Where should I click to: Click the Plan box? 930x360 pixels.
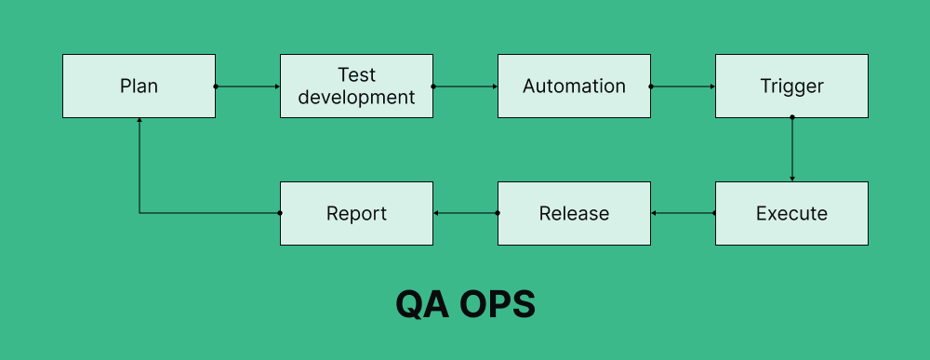pyautogui.click(x=139, y=87)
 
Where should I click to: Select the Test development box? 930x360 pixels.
pyautogui.click(x=356, y=87)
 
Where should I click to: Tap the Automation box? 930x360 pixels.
pyautogui.click(x=574, y=87)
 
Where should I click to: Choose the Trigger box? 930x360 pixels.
pyautogui.click(x=791, y=87)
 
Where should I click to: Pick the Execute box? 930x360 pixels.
pyautogui.click(x=791, y=214)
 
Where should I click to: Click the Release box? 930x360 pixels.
pyautogui.click(x=574, y=214)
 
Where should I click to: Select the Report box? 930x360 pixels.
pyautogui.click(x=356, y=214)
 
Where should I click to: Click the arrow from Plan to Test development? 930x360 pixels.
pyautogui.click(x=247, y=87)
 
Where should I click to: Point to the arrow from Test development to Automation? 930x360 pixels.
pyautogui.click(x=465, y=87)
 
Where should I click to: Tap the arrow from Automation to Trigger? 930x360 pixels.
pyautogui.click(x=683, y=87)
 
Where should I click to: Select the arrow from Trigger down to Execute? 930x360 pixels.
pyautogui.click(x=791, y=149)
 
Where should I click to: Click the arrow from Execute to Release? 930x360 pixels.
pyautogui.click(x=683, y=214)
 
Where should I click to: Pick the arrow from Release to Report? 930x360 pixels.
pyautogui.click(x=465, y=214)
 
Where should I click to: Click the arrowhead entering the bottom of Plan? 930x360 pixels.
pyautogui.click(x=139, y=121)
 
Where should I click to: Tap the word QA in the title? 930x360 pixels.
pyautogui.click(x=420, y=305)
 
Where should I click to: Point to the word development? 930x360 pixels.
pyautogui.click(x=356, y=97)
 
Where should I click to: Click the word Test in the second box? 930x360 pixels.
pyautogui.click(x=356, y=74)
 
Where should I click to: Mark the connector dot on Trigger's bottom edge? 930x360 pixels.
pyautogui.click(x=791, y=117)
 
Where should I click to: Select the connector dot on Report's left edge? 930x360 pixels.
pyautogui.click(x=280, y=213)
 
